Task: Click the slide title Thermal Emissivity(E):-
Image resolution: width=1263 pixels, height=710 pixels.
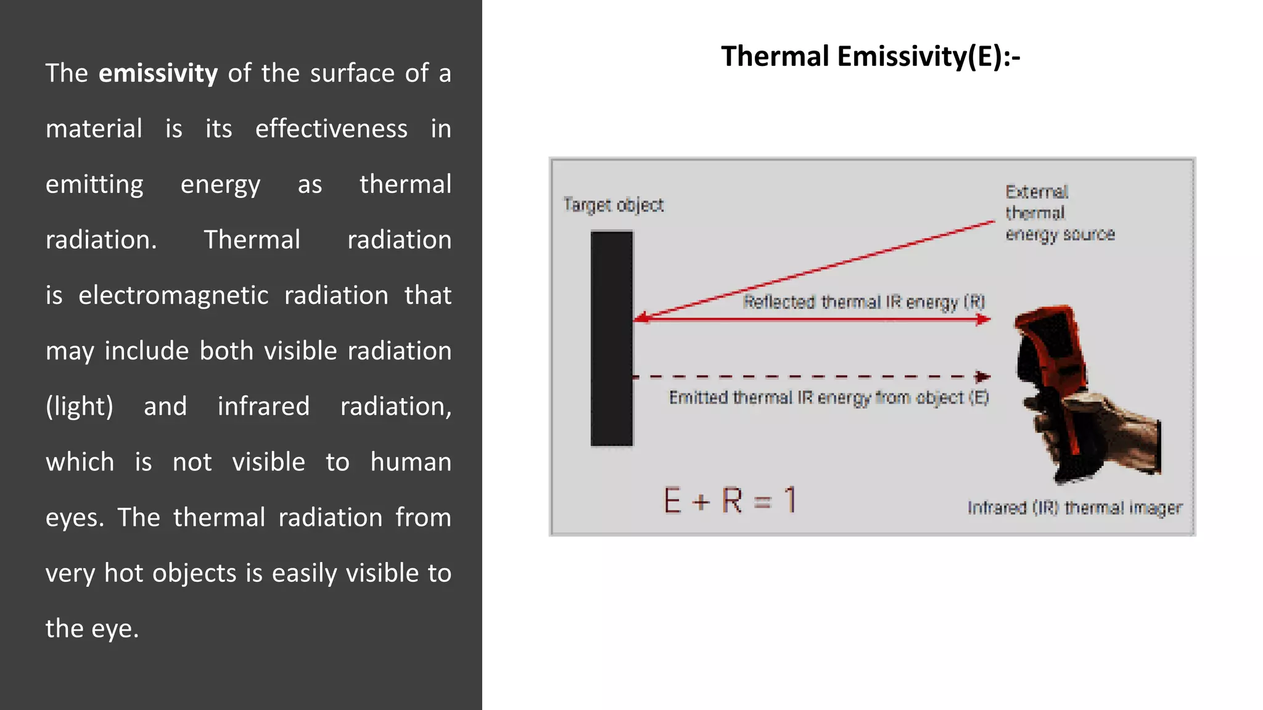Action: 870,57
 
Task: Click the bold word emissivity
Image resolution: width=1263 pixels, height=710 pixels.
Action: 158,73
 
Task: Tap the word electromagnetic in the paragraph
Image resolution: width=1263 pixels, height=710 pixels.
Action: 173,295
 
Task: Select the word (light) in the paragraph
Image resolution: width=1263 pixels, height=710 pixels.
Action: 80,407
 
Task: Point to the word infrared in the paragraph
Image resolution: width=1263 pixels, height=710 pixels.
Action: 263,407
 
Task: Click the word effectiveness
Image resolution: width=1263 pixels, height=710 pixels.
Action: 331,129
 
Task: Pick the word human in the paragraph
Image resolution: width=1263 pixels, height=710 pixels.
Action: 411,462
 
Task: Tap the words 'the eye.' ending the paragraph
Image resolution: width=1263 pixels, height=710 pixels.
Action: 93,629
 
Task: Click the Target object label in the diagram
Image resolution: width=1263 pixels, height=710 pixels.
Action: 613,205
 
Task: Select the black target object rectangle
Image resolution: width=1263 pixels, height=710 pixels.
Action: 612,338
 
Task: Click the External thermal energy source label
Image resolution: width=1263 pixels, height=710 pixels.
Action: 1059,213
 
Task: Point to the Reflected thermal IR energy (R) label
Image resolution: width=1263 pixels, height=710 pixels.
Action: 863,302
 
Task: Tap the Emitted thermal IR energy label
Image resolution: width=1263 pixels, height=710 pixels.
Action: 828,398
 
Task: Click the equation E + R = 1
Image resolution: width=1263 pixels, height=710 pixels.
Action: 730,500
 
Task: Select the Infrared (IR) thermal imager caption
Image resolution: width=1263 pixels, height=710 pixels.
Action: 1074,508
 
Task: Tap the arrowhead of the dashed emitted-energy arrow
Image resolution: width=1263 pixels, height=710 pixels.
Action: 983,376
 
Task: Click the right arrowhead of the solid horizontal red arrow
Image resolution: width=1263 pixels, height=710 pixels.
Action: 984,319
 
